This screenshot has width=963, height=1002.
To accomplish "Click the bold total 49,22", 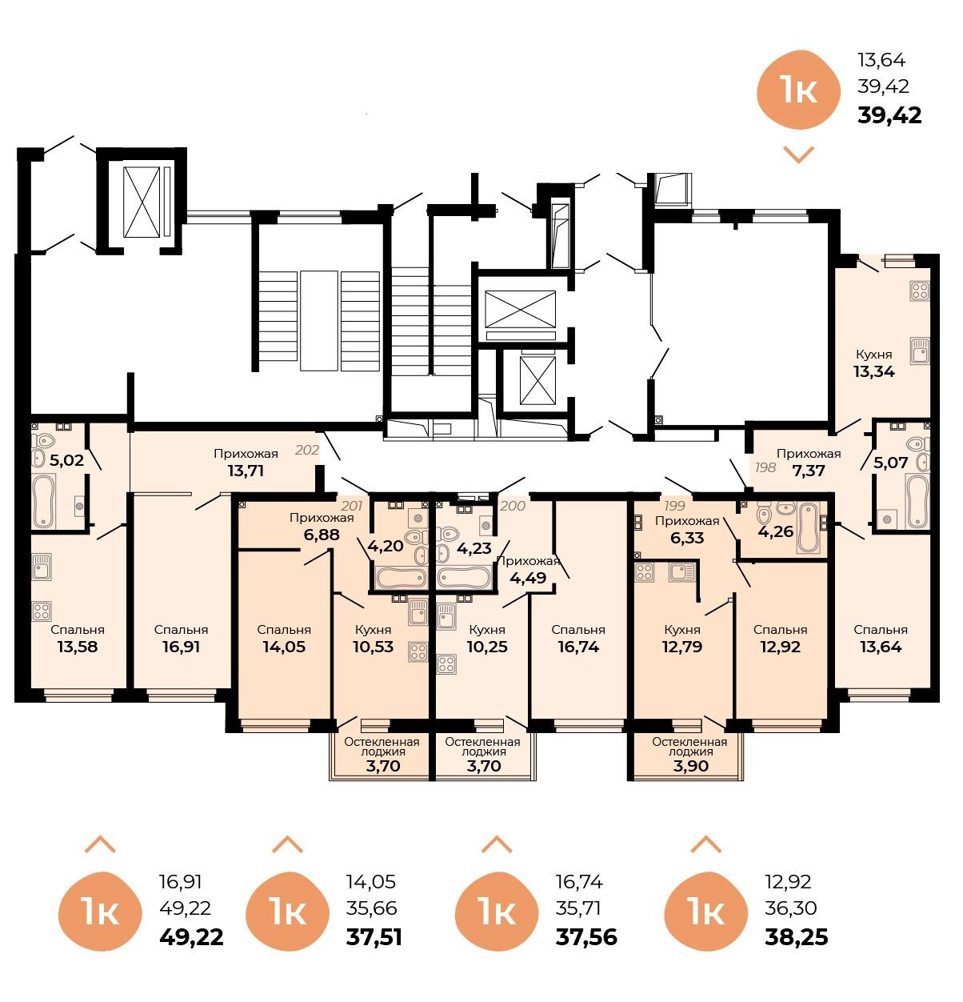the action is [x=192, y=936].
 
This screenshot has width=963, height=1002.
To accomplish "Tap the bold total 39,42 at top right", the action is [x=889, y=115].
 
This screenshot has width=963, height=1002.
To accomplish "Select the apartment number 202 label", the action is [x=307, y=450].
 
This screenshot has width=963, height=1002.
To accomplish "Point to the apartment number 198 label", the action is [x=765, y=467].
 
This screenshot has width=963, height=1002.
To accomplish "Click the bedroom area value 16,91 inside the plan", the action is [x=181, y=647].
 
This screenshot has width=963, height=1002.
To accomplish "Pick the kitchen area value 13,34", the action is [x=873, y=371].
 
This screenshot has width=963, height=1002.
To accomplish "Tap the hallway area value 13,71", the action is [x=246, y=471].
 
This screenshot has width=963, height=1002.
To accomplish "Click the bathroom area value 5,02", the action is [x=66, y=460].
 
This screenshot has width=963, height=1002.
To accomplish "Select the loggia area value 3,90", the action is [x=689, y=766].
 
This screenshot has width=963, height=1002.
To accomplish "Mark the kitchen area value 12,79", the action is [x=682, y=647].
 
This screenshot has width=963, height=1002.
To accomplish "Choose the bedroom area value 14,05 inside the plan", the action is [x=284, y=647].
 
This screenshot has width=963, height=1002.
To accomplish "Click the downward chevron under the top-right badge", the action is [x=798, y=154].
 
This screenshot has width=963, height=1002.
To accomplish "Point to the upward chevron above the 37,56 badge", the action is [x=497, y=844].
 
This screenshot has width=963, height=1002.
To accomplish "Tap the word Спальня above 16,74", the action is [x=578, y=630].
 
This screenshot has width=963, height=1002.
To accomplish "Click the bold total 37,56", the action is [x=586, y=936].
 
